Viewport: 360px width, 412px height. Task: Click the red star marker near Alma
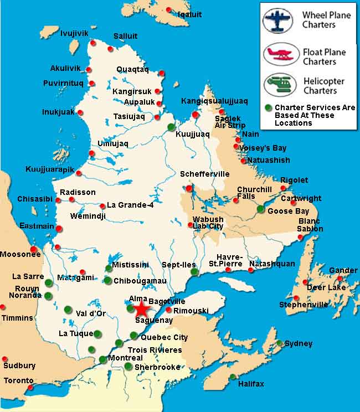click(141, 308)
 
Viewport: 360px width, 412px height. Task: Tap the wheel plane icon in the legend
click(277, 20)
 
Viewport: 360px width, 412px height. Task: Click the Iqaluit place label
click(190, 14)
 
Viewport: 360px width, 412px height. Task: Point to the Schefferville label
click(204, 174)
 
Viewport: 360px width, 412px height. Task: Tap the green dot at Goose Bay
click(261, 209)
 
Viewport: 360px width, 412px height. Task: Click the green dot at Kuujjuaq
click(171, 127)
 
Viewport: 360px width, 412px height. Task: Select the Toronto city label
click(18, 380)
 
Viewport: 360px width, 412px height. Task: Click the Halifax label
click(251, 384)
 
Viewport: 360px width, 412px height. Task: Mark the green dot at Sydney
click(280, 343)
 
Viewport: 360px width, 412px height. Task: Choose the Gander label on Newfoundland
click(343, 270)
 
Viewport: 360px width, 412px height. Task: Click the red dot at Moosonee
click(34, 249)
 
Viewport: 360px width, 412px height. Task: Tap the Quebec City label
click(164, 337)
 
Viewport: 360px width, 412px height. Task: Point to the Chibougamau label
click(140, 281)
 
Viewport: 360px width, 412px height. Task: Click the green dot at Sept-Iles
click(194, 272)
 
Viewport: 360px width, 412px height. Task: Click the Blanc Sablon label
click(310, 225)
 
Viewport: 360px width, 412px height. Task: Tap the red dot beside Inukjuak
click(80, 112)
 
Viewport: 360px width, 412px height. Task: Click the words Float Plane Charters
click(324, 56)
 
